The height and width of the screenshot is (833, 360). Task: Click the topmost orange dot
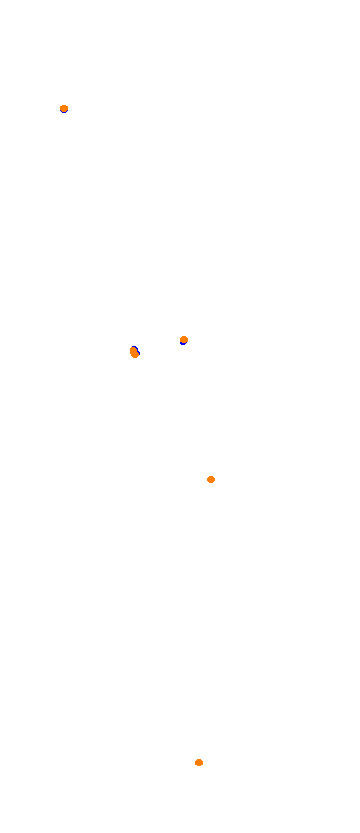pos(64,108)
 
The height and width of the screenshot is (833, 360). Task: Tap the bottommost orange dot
pos(199,763)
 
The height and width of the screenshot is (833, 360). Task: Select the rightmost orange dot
pos(211,479)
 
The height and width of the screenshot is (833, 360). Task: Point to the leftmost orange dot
pos(64,108)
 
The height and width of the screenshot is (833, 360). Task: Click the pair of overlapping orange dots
pos(134,353)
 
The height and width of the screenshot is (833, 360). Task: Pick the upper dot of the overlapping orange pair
pos(133,351)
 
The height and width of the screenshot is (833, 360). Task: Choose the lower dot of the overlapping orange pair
pos(135,354)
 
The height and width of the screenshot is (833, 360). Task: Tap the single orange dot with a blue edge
pos(184,340)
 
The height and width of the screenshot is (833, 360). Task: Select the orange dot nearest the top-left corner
pos(64,108)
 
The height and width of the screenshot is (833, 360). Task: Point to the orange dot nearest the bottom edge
pos(199,763)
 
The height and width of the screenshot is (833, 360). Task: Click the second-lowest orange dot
pos(211,479)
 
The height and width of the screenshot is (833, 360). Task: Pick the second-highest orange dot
pos(184,340)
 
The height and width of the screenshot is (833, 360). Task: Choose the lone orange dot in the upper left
pos(64,108)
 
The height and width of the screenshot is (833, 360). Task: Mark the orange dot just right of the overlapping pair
pos(184,340)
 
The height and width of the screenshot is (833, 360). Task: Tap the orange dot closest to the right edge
pos(211,479)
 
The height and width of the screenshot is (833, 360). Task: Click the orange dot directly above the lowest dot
pos(211,479)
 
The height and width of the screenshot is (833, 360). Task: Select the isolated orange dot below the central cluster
pos(211,479)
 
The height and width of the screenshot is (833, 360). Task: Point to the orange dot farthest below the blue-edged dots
pos(199,763)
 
